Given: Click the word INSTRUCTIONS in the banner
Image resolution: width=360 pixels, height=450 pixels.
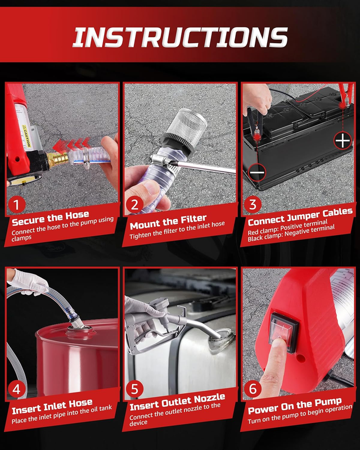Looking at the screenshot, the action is (181, 37).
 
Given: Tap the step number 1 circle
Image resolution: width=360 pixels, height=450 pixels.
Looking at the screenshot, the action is (16, 205).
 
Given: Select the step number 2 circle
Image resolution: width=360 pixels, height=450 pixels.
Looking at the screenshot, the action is (134, 205).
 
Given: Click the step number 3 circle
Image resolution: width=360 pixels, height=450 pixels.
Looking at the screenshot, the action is (253, 204).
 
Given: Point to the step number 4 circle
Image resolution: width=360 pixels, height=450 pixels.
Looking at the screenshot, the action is (16, 389).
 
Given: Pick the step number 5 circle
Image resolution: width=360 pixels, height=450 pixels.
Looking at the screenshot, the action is (134, 389).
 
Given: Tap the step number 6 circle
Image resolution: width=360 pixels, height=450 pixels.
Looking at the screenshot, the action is (253, 389).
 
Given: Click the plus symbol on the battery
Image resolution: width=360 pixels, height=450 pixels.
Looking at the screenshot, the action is (343, 140).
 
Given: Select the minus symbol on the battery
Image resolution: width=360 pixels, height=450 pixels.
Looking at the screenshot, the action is (257, 172).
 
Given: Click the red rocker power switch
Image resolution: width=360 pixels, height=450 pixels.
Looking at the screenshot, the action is (283, 332).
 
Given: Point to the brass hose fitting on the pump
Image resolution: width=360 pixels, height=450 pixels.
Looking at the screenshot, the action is (58, 159).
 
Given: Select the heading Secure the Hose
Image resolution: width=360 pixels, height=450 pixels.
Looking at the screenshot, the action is (51, 218).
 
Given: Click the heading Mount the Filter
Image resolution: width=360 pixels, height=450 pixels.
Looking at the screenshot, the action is (168, 222).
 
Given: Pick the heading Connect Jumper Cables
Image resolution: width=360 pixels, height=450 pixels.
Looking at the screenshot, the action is (300, 217).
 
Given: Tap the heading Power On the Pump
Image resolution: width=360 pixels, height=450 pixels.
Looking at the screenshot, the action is (295, 406).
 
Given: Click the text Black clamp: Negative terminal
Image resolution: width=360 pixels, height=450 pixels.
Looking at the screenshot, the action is (291, 233).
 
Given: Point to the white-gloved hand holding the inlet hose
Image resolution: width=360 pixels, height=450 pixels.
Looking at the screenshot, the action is (28, 282).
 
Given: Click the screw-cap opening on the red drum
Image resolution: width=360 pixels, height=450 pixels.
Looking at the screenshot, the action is (81, 330).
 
